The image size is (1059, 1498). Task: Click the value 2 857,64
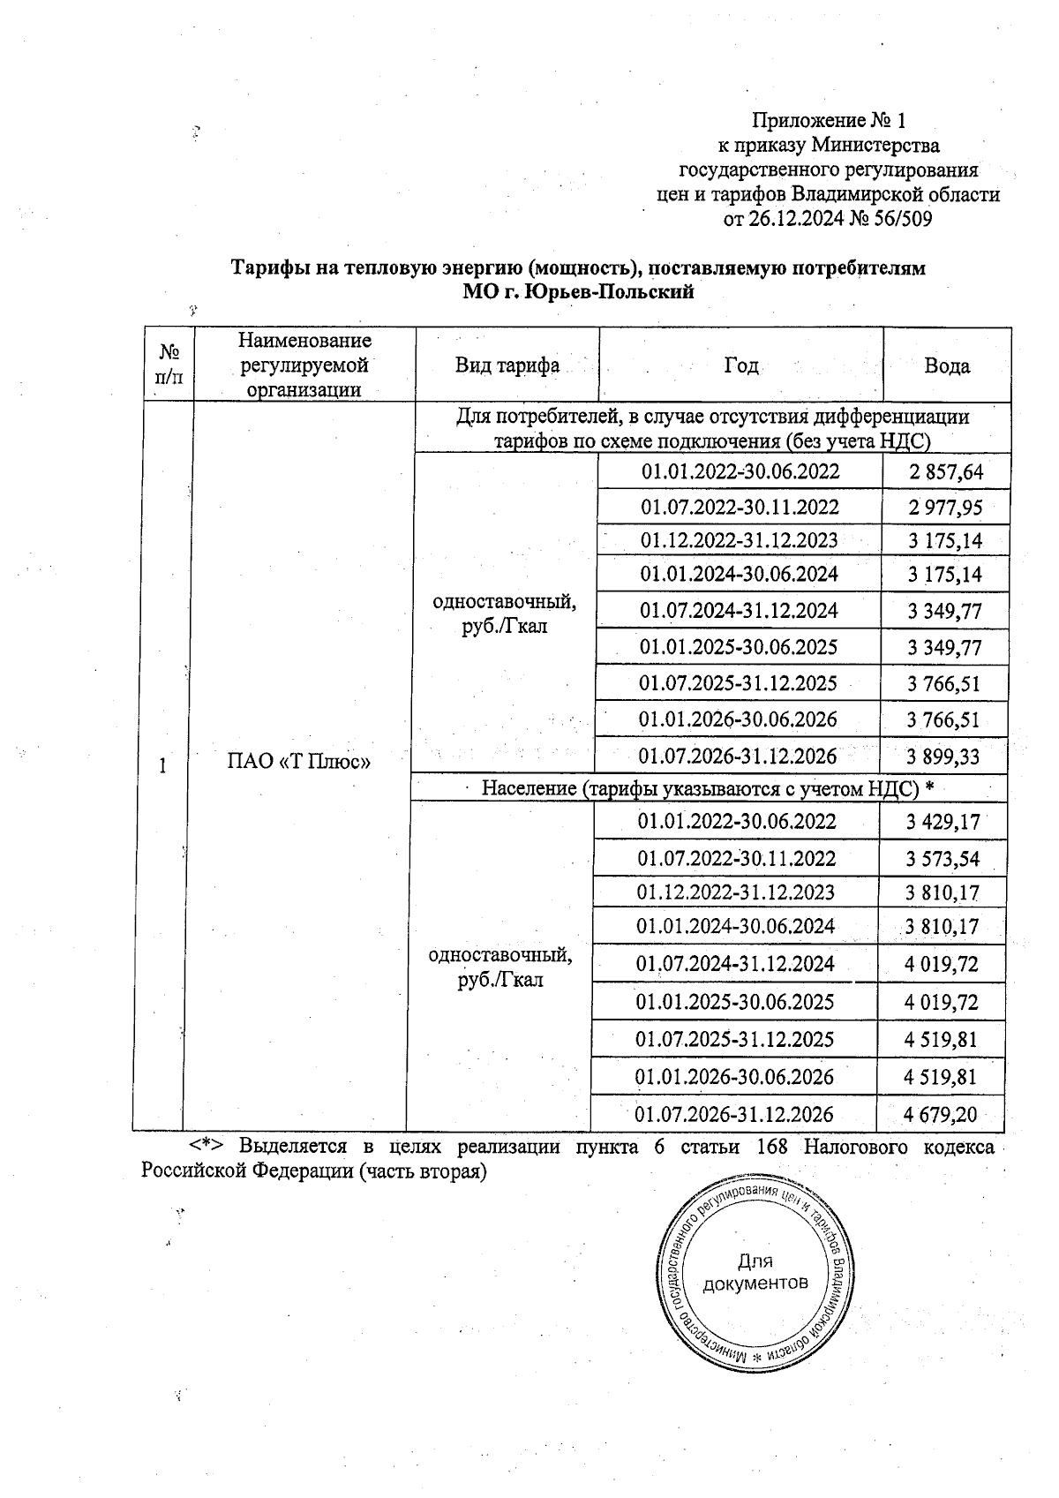[945, 472]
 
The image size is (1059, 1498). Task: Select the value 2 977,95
[945, 508]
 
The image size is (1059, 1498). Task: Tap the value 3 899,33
[943, 757]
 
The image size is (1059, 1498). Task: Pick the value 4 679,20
[940, 1115]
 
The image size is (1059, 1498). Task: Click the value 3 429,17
[943, 822]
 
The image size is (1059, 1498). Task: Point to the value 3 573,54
[943, 858]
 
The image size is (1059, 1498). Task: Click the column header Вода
[947, 365]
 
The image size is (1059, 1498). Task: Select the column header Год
[741, 365]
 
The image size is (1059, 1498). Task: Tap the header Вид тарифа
[507, 365]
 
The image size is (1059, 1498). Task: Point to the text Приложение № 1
[829, 119]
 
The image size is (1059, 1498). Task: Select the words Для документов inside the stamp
[755, 1272]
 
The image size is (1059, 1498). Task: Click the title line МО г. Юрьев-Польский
[579, 292]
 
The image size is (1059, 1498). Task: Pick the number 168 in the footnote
[772, 1148]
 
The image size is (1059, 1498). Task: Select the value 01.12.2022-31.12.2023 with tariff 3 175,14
[739, 540]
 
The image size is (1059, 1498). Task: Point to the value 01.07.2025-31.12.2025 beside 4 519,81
[735, 1039]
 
